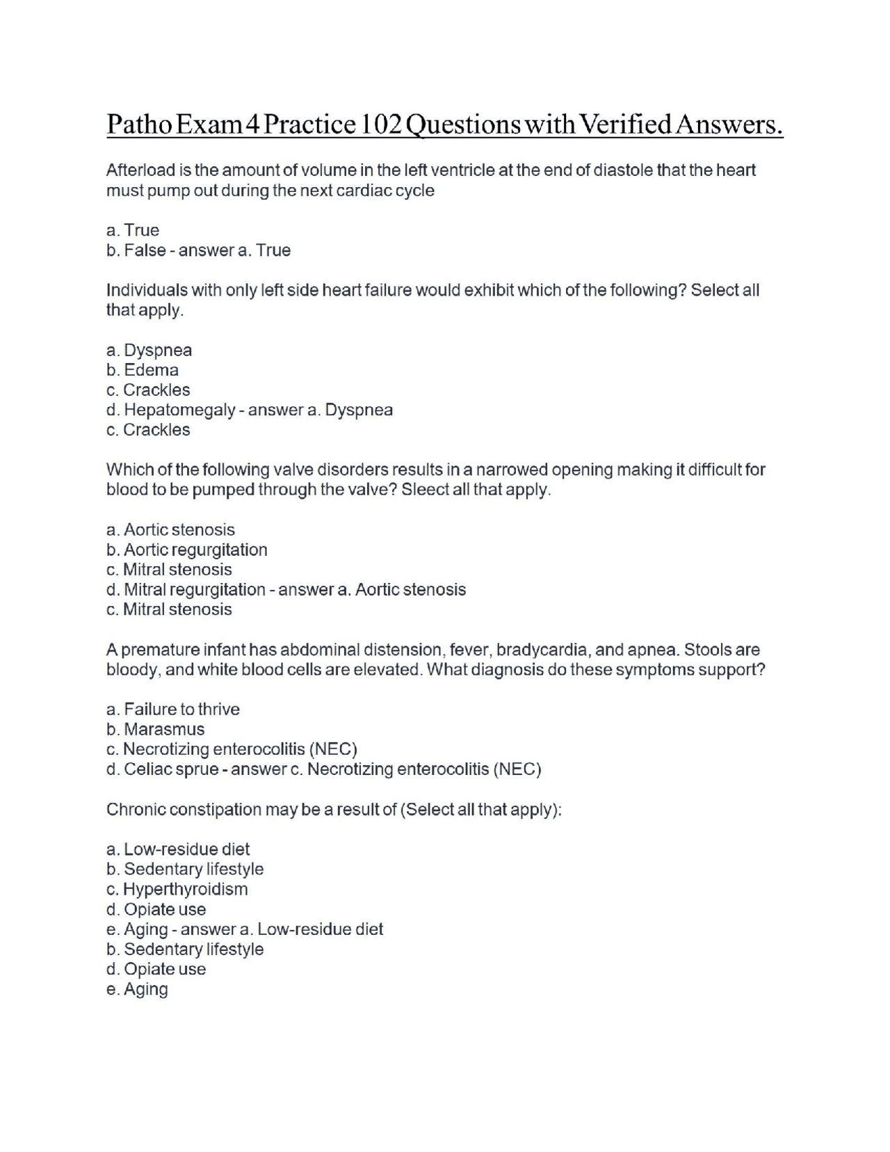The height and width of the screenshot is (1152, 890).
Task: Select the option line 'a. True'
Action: coord(133,230)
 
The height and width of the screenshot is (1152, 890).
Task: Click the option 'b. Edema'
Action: coord(143,370)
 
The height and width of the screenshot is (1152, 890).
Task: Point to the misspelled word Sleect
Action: coord(425,490)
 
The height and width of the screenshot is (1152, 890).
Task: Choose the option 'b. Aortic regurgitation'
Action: coord(187,550)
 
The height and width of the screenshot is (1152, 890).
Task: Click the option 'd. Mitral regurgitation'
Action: coord(186,590)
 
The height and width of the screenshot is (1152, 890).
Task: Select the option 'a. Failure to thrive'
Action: coord(173,710)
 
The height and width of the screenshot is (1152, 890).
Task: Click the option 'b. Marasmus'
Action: coord(156,730)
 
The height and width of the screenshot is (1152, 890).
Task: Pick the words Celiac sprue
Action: coord(172,769)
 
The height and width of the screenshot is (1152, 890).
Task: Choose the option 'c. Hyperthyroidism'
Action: coord(177,890)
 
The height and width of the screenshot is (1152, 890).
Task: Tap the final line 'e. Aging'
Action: coord(137,989)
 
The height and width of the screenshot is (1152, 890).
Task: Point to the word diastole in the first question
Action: coord(623,170)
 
